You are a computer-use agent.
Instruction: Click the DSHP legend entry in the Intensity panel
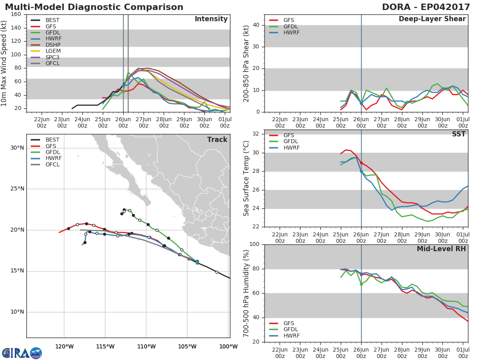click(46, 45)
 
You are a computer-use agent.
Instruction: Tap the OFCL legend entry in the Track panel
click(45, 164)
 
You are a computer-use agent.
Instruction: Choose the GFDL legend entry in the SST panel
click(284, 142)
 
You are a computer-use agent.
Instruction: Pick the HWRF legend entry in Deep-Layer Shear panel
click(284, 32)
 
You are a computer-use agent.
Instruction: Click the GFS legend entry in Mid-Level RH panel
click(282, 323)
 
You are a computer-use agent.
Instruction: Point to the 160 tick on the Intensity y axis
click(16, 14)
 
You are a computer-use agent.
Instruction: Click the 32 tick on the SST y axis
click(256, 134)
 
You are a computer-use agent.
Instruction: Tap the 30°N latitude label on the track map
click(17, 148)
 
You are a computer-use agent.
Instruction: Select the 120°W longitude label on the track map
click(64, 346)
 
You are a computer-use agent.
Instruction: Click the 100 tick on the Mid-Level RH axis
click(254, 244)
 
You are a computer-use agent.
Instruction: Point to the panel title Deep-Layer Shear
click(432, 19)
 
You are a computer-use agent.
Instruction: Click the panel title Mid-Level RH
click(441, 249)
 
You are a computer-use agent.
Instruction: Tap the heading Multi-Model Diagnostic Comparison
click(94, 7)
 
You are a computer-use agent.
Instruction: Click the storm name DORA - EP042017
click(426, 7)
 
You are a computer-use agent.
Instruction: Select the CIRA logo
click(22, 353)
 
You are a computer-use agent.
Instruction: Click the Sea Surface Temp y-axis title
click(246, 178)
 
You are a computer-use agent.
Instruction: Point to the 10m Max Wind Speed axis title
click(4, 63)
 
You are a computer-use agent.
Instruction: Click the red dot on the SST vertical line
click(361, 163)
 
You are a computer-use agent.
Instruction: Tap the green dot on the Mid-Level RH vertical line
click(361, 284)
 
